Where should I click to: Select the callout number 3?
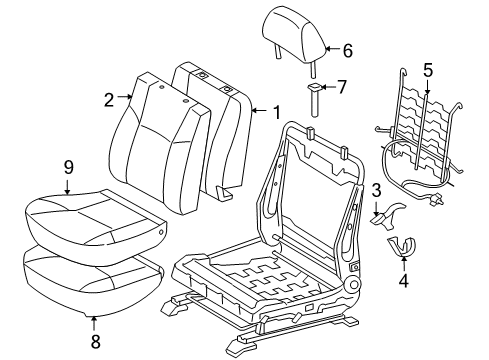[376, 188]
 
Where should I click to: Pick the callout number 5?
[428, 70]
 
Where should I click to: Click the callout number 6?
[348, 49]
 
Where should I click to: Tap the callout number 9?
[68, 166]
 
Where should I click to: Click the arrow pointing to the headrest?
[332, 48]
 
